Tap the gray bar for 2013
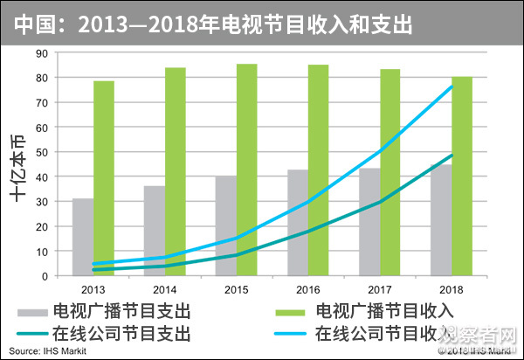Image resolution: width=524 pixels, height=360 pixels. click(x=82, y=237)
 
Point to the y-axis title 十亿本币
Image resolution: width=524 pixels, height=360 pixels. click(x=18, y=166)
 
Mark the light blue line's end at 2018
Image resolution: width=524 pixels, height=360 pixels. click(x=452, y=86)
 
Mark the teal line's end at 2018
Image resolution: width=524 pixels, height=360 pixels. click(x=452, y=156)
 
